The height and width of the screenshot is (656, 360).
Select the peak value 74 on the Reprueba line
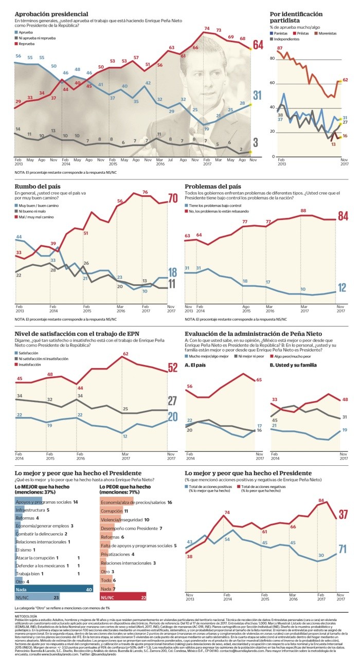click(x=207, y=29)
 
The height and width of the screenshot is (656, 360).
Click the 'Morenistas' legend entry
click(x=325, y=33)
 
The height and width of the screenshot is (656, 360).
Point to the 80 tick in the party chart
click(x=273, y=59)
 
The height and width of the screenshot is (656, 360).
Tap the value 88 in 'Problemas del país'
click(x=303, y=211)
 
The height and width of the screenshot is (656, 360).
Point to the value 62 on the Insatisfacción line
click(x=125, y=354)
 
